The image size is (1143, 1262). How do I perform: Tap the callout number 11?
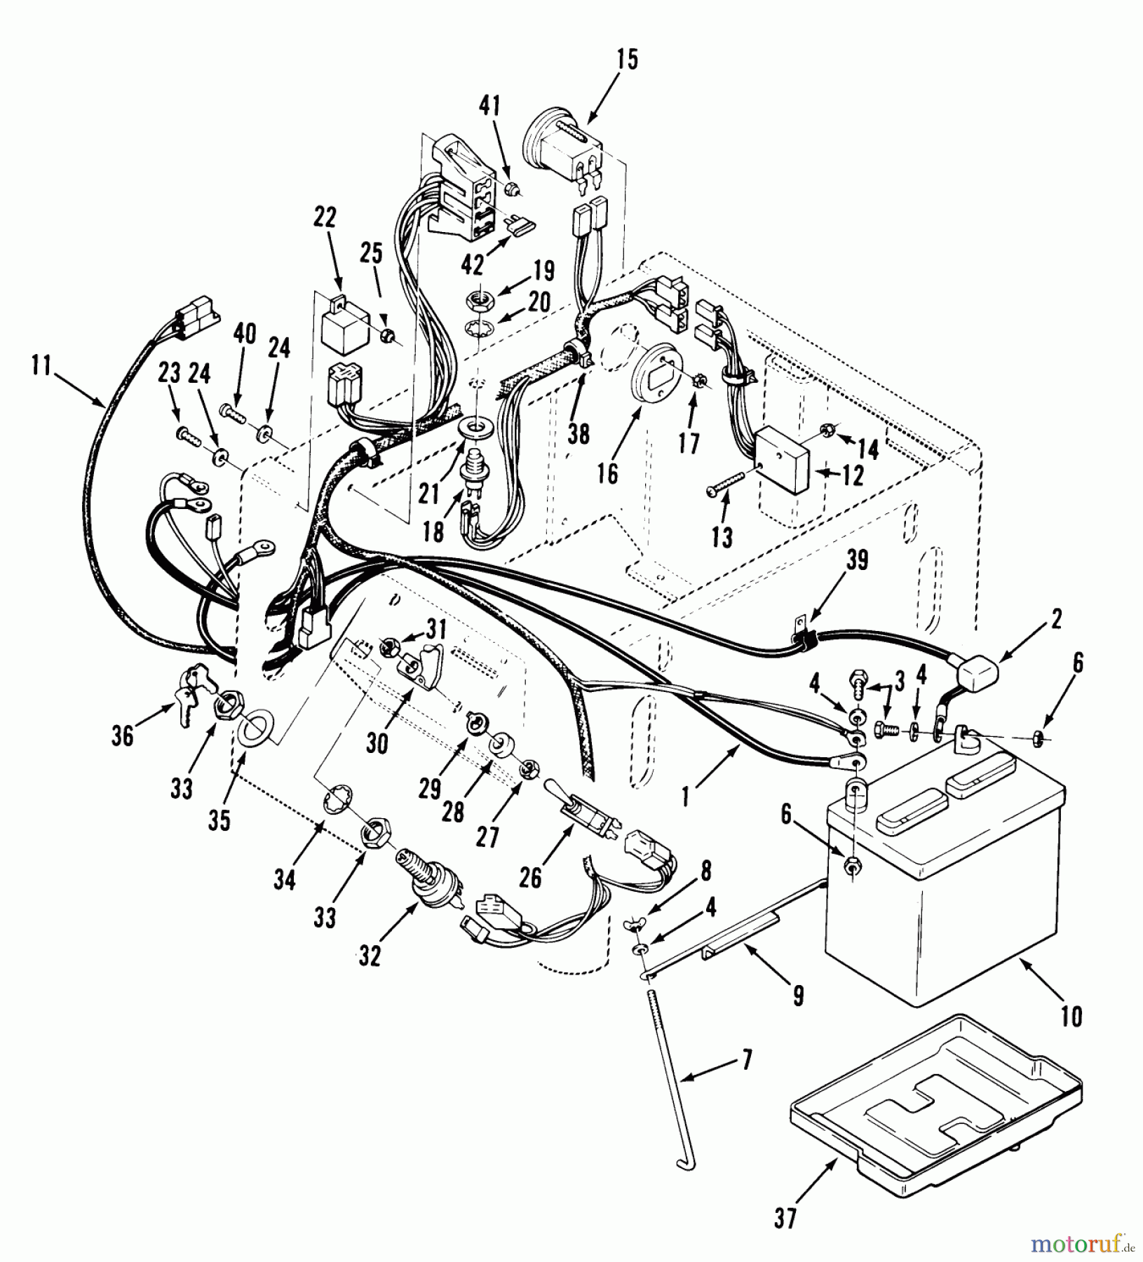click(x=41, y=366)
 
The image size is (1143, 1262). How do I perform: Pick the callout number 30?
click(x=377, y=744)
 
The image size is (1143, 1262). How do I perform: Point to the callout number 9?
click(x=798, y=995)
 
